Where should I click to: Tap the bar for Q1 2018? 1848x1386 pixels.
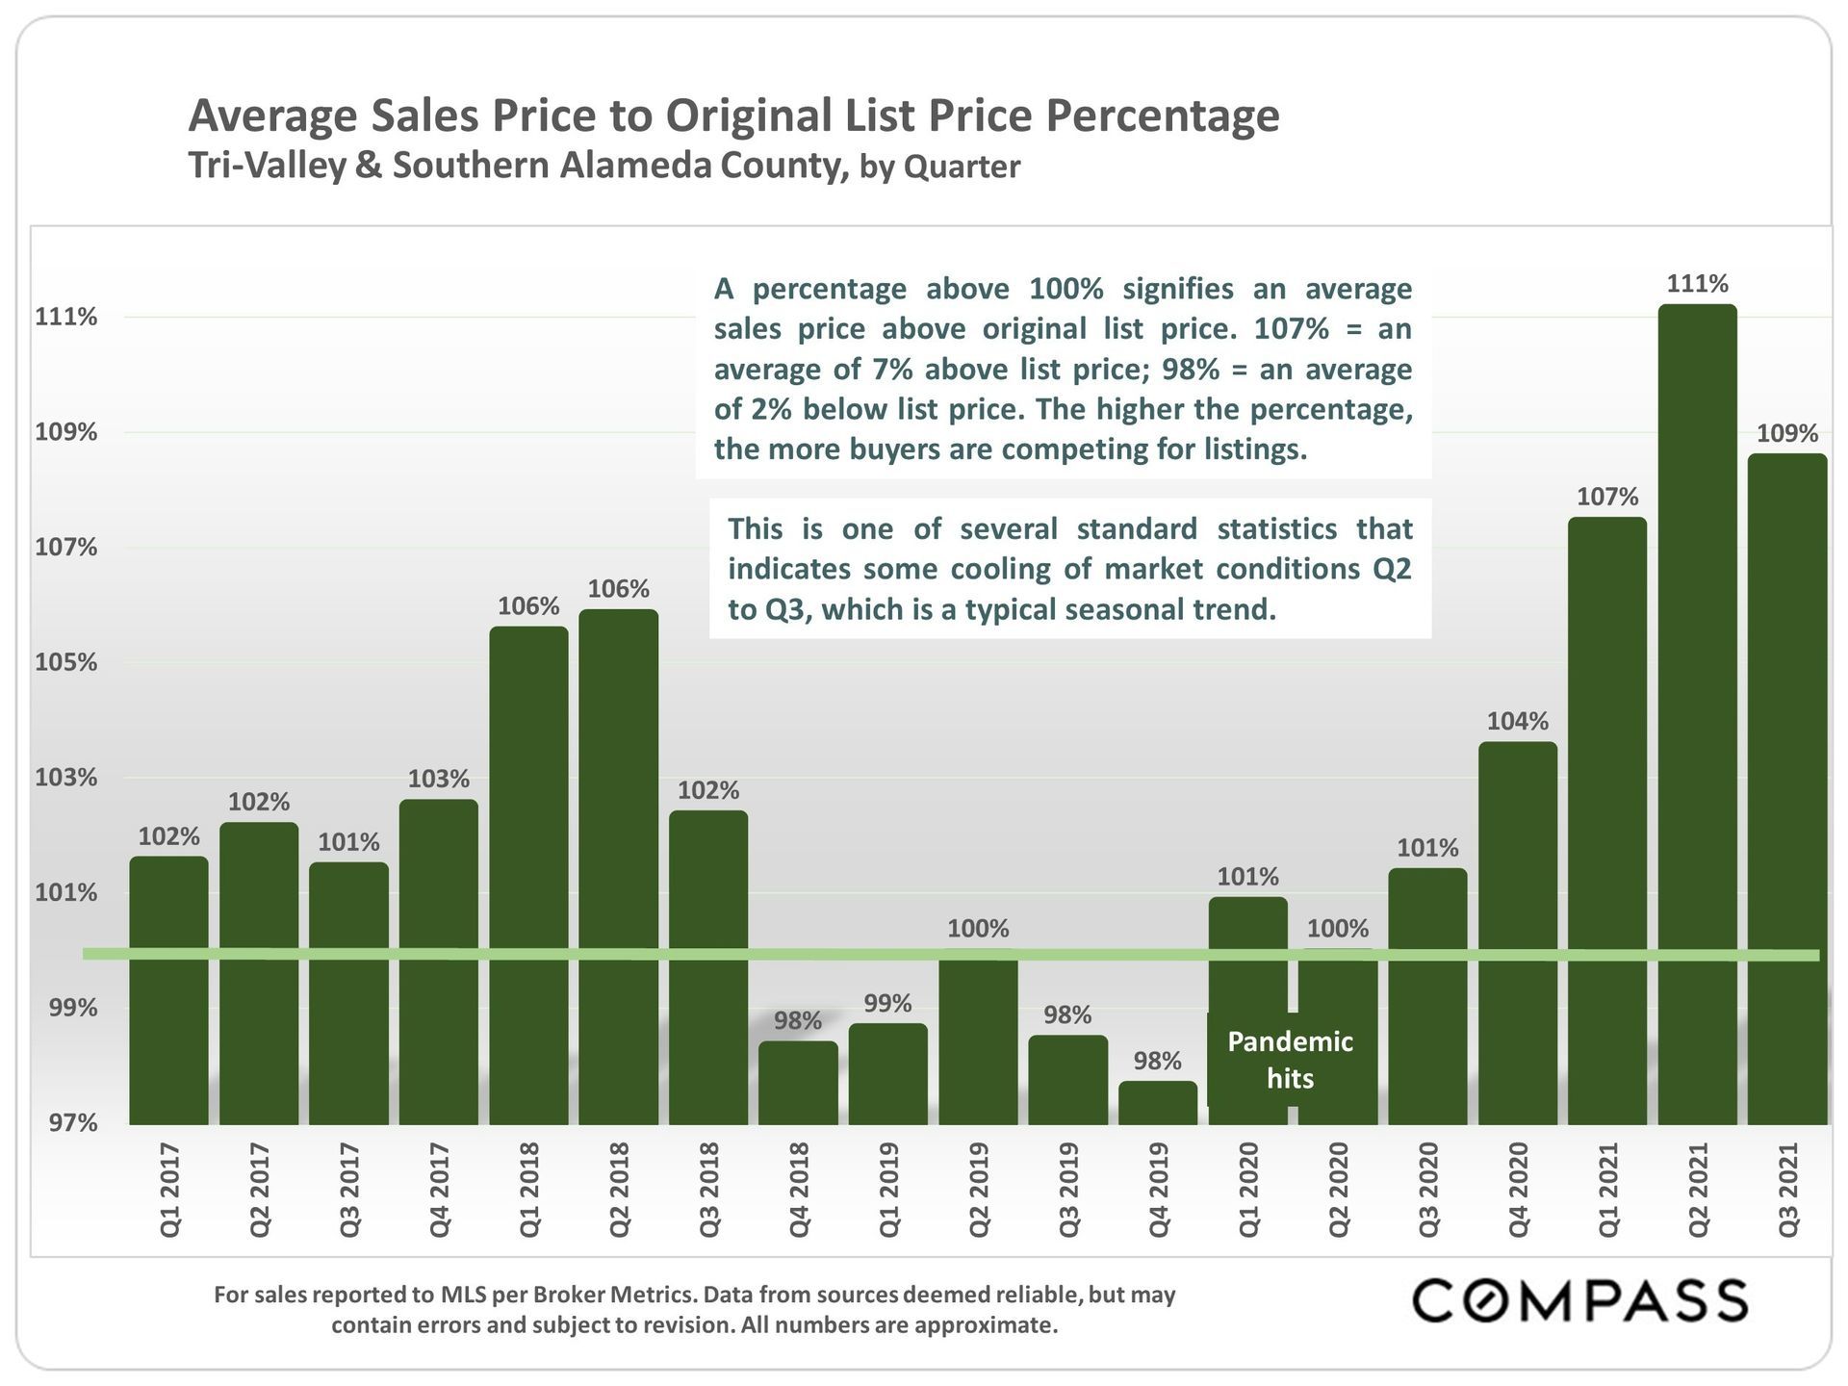click(528, 875)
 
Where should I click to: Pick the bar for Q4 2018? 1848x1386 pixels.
click(798, 1082)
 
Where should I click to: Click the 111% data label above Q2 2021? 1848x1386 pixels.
click(1697, 284)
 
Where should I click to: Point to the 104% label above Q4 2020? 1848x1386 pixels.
click(1517, 721)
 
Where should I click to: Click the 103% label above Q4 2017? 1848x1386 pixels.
click(438, 779)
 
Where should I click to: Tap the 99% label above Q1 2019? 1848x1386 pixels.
click(887, 1003)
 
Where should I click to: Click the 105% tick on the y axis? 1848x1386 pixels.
click(66, 662)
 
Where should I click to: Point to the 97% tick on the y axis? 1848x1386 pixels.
click(66, 1122)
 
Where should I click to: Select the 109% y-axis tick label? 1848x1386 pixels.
click(66, 432)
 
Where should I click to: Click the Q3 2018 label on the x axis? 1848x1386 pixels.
click(709, 1190)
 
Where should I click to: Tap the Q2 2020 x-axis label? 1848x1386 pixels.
click(1338, 1190)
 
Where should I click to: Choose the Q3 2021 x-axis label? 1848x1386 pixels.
click(1787, 1190)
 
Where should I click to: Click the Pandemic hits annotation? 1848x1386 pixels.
click(1290, 1059)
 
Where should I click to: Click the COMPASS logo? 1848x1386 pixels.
click(1578, 1301)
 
